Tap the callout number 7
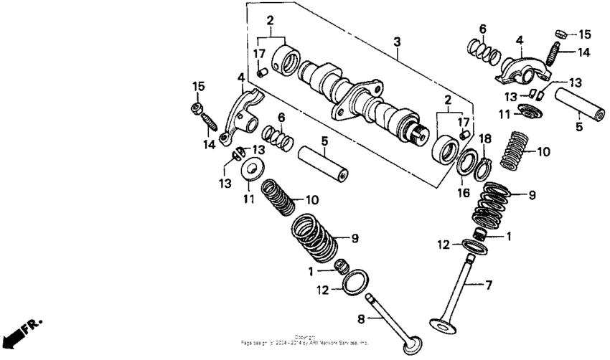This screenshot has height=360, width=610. tap(489, 286)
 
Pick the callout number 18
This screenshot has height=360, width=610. tap(484, 138)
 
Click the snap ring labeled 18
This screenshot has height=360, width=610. tap(483, 169)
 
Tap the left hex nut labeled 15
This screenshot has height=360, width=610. tap(196, 108)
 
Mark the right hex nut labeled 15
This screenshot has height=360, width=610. tap(563, 33)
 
